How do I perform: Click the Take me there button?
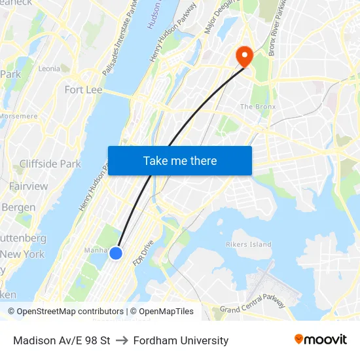[x=180, y=160]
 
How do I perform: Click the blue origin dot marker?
[x=116, y=253]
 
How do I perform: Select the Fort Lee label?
[x=83, y=90]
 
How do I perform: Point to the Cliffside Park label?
[x=50, y=164]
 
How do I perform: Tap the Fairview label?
[x=28, y=187]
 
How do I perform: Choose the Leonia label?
[x=49, y=68]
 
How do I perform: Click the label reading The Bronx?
[x=258, y=107]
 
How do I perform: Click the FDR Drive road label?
[x=143, y=253]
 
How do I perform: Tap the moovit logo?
[x=321, y=340]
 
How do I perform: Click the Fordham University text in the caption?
[x=181, y=340]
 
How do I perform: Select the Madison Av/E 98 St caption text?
[x=62, y=340]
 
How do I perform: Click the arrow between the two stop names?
[x=122, y=340]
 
